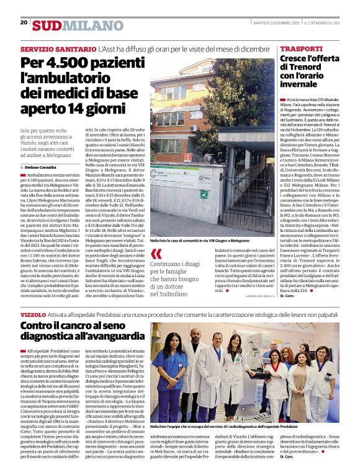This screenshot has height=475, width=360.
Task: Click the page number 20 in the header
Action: [x=24, y=22]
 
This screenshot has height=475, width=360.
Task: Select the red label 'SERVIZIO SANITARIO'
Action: [x=58, y=48]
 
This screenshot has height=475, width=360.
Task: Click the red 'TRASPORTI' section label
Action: [x=300, y=48]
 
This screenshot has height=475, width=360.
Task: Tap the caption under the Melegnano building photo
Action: [x=202, y=239]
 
